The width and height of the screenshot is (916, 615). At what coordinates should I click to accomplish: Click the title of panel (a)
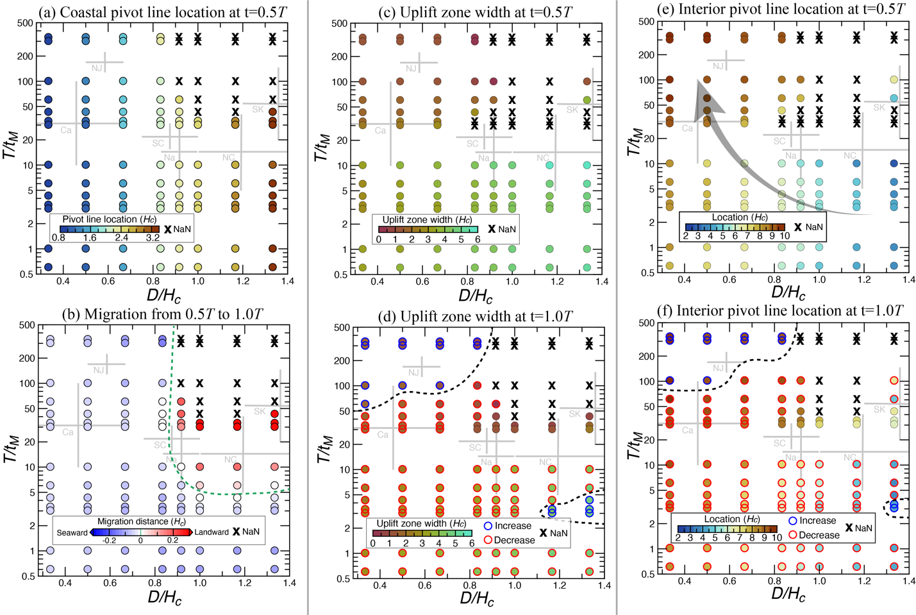[160, 12]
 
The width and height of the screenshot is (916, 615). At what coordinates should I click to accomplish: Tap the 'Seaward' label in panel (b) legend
[72, 532]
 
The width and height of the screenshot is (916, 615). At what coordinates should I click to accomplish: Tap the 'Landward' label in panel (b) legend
[212, 532]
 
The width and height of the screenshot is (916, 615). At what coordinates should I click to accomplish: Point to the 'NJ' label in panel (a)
[97, 68]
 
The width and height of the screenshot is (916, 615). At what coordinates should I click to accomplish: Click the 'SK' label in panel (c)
[572, 110]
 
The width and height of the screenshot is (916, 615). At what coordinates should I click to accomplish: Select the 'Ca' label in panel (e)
[687, 128]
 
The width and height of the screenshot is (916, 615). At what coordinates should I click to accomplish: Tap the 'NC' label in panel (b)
[230, 459]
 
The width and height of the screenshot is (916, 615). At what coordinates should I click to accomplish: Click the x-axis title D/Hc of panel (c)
[475, 296]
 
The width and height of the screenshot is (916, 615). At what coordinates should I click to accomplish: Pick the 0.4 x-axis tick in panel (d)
[379, 585]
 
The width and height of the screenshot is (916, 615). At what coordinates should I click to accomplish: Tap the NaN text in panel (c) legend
[506, 229]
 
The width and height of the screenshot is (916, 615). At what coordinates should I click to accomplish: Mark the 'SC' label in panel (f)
[779, 443]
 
